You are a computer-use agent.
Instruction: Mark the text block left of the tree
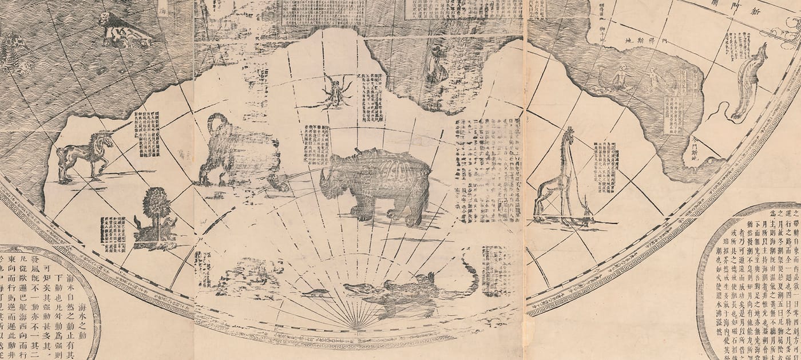pyautogui.click(x=113, y=234)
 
